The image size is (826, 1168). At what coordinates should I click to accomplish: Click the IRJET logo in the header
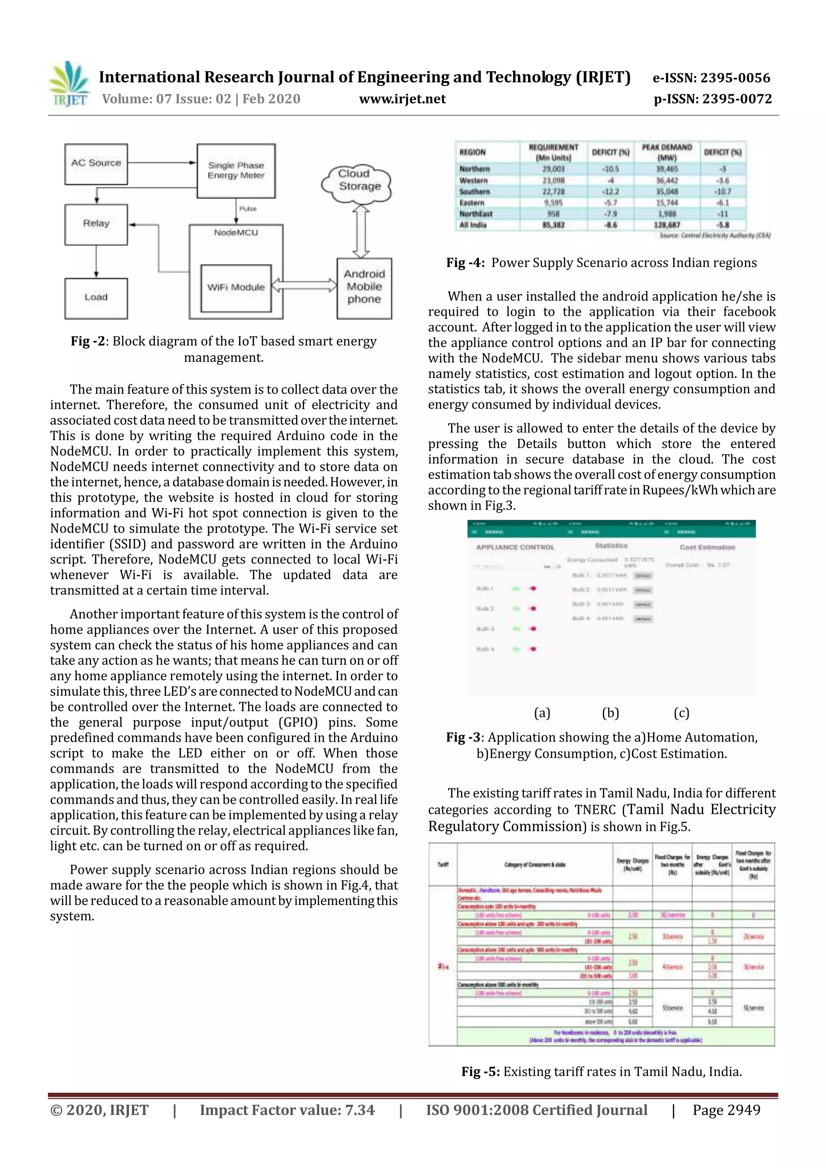(69, 84)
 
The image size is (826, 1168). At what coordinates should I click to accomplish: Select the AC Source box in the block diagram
(96, 164)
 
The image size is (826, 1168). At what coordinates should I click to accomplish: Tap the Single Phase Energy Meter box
(236, 171)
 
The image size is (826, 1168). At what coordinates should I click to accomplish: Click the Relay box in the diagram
(96, 224)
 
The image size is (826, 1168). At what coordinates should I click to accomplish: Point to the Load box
(96, 298)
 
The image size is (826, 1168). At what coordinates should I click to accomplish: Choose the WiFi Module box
(236, 288)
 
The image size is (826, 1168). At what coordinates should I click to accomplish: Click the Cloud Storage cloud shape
(358, 181)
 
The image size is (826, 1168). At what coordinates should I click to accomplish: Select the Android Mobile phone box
(364, 288)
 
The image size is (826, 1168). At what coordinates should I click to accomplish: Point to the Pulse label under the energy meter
(248, 209)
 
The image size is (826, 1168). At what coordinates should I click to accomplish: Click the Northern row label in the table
(475, 169)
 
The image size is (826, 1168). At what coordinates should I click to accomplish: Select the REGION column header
(473, 152)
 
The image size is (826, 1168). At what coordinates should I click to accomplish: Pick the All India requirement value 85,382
(553, 225)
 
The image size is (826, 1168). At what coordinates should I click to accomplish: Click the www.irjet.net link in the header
(403, 99)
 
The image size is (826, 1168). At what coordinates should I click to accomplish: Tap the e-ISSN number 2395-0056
(736, 78)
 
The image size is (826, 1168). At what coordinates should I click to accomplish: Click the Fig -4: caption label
(465, 263)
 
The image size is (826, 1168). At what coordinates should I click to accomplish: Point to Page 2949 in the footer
(726, 1110)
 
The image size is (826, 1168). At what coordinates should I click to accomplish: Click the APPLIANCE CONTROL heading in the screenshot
(515, 547)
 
